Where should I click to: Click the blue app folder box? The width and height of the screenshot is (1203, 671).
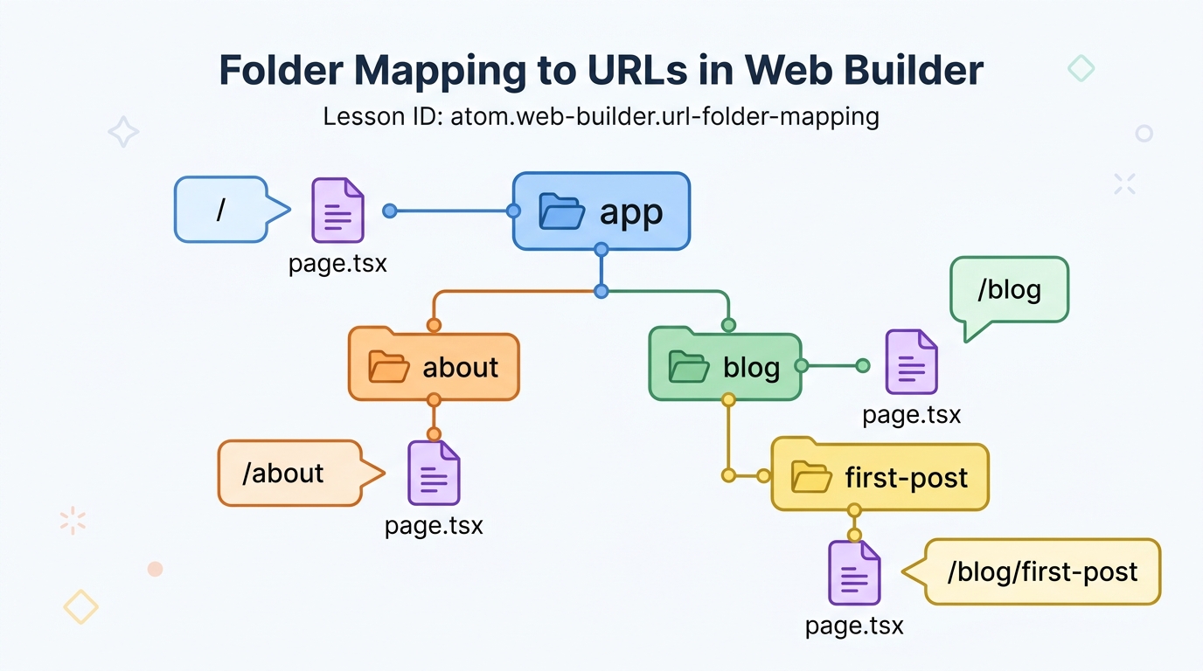pos(601,211)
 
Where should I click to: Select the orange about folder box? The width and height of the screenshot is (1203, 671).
pos(434,365)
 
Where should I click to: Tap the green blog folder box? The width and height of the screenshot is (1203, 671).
pos(725,365)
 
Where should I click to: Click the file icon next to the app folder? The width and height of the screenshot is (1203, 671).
pos(337,211)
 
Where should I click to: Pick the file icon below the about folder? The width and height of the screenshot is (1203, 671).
pos(434,473)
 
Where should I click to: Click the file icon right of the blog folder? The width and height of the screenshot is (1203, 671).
pos(911,362)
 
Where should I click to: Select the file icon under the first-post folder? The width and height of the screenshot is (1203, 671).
pos(854,573)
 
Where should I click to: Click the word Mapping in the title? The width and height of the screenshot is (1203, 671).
pos(440,71)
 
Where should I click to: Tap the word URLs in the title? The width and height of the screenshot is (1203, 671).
pos(637,70)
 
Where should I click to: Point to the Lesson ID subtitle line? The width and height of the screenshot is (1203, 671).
pos(601,116)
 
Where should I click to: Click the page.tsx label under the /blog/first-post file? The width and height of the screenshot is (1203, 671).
pos(854,626)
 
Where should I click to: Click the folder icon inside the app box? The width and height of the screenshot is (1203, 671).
pos(562,211)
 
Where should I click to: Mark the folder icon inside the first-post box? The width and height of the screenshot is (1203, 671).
pos(811,477)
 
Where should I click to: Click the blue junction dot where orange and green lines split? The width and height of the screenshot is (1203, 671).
pos(601,292)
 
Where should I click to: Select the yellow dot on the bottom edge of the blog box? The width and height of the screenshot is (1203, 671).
pos(729,399)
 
